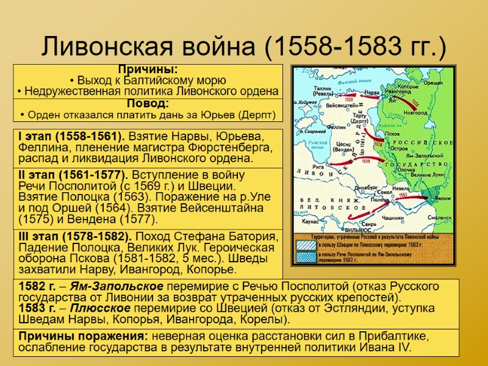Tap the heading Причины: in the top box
[x=148, y=70]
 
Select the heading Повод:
[x=148, y=104]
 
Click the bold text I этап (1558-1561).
[x=71, y=136]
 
